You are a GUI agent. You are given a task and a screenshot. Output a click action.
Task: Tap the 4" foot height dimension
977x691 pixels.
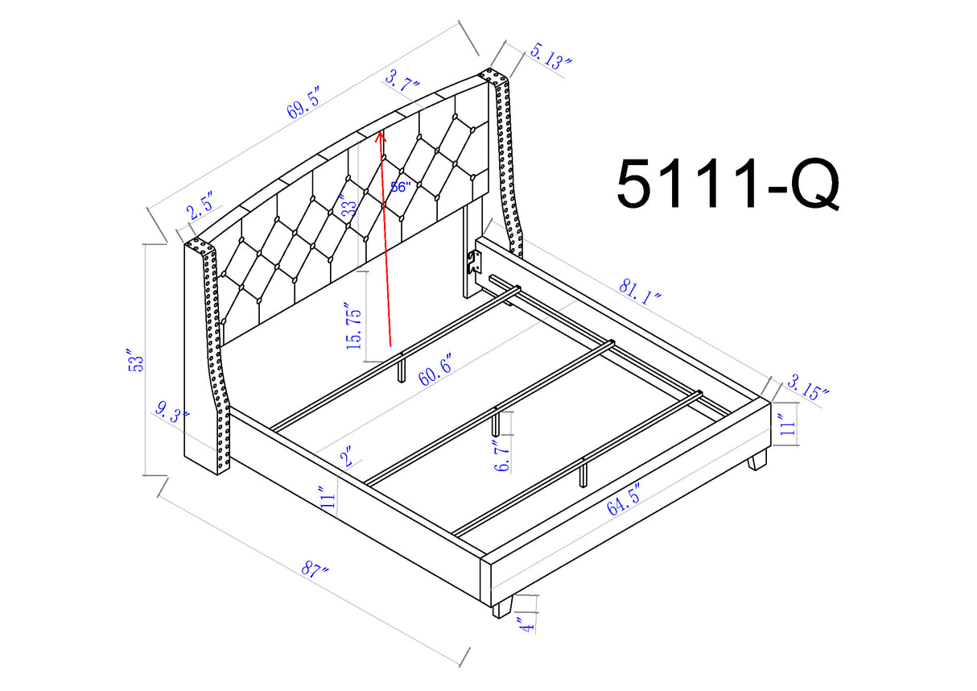[527, 622]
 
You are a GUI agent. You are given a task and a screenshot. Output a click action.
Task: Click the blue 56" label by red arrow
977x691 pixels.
[400, 186]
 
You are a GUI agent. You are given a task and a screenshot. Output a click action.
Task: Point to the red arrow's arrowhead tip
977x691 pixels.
[381, 130]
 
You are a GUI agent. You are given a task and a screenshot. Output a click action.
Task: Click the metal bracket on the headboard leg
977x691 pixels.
[474, 261]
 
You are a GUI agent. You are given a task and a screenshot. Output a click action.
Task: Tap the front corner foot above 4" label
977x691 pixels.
[502, 606]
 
